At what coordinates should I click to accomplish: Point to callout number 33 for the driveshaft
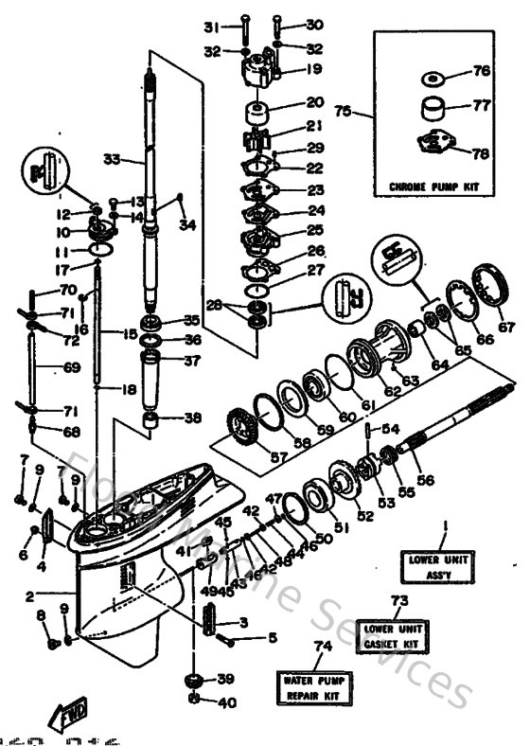point(111,160)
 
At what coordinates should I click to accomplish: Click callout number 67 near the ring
point(507,328)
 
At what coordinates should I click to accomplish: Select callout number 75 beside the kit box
point(344,111)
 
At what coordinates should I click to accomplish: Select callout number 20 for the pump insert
point(289,102)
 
